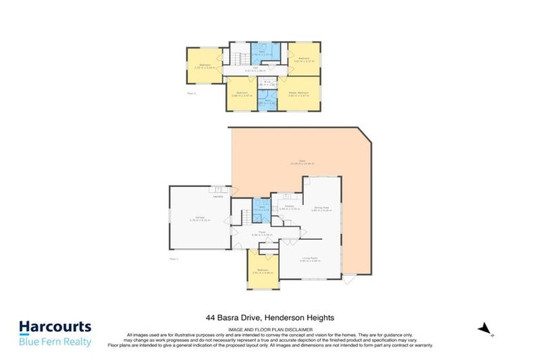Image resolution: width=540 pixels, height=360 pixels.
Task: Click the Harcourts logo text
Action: click(x=55, y=327)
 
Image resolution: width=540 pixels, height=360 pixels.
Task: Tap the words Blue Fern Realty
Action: click(x=55, y=342)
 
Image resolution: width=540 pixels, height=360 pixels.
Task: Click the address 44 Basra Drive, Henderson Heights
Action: click(x=270, y=319)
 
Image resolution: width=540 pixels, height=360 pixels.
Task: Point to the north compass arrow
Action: click(x=483, y=328)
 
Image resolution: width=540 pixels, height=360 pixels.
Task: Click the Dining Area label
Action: click(x=322, y=208)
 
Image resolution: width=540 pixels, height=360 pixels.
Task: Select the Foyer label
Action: click(x=257, y=233)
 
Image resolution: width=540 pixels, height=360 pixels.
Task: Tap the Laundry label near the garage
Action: click(x=219, y=196)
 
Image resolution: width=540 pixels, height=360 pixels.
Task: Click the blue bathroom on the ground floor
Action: click(x=260, y=207)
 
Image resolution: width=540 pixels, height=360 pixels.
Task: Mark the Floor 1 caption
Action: click(x=174, y=259)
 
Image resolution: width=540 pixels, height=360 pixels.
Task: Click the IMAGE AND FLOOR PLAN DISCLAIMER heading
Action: click(x=270, y=328)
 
